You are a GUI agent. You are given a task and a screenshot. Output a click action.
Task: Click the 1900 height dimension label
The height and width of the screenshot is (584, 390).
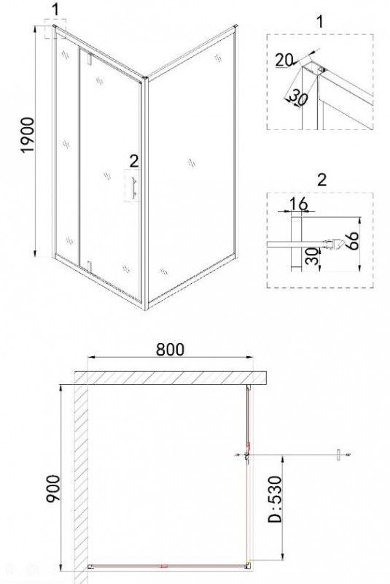(28, 135)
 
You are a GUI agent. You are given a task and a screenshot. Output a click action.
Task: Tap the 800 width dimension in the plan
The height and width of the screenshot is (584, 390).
(170, 350)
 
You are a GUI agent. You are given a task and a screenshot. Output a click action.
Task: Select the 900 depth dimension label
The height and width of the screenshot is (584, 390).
(52, 489)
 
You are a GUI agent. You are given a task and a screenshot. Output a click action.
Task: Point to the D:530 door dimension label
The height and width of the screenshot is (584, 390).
(276, 499)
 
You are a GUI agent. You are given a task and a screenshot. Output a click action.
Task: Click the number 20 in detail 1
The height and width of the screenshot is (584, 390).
(284, 61)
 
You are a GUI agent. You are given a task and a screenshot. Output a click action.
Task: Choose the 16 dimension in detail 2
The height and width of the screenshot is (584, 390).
(298, 204)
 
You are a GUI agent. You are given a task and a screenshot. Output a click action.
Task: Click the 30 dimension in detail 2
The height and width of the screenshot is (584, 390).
(313, 256)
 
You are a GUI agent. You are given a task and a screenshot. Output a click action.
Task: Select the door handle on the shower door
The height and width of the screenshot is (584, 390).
(134, 186)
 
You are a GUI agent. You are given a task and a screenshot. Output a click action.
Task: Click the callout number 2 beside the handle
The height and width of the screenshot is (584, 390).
(134, 161)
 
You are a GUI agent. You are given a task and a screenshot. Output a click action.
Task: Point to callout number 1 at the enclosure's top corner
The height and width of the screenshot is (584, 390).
(56, 9)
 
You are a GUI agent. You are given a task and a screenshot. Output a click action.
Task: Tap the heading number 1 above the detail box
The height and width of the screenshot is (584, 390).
(320, 21)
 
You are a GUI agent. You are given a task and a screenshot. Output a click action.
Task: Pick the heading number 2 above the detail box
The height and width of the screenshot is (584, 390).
(321, 180)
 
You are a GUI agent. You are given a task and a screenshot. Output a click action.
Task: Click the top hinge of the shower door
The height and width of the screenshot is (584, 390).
(89, 58)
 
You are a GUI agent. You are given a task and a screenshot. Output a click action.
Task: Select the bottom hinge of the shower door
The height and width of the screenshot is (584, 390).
(89, 266)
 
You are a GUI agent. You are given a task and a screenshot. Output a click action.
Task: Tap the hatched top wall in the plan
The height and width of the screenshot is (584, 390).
(171, 377)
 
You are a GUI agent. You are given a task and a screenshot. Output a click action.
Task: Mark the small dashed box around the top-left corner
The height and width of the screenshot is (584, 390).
(55, 29)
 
